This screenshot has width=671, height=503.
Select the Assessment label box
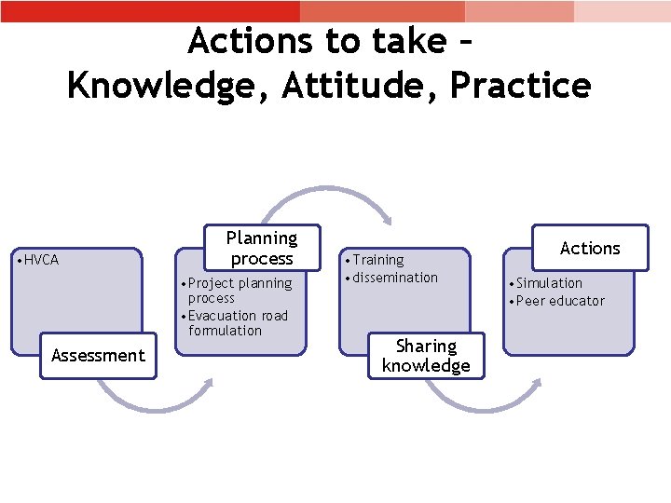(x=98, y=355)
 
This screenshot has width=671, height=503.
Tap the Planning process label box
(x=262, y=249)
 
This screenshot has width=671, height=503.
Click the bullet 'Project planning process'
(x=239, y=291)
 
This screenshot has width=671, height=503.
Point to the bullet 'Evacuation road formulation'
(x=237, y=323)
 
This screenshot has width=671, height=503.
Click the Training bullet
(x=377, y=260)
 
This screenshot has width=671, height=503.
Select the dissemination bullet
(x=393, y=278)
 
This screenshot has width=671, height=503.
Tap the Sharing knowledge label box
(x=426, y=356)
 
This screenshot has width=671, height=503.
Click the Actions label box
(x=589, y=248)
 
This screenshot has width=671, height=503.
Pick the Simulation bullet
(x=547, y=283)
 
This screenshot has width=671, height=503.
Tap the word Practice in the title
(x=520, y=86)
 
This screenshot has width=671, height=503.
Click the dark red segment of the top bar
(x=149, y=11)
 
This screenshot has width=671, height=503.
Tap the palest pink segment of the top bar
(x=622, y=11)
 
